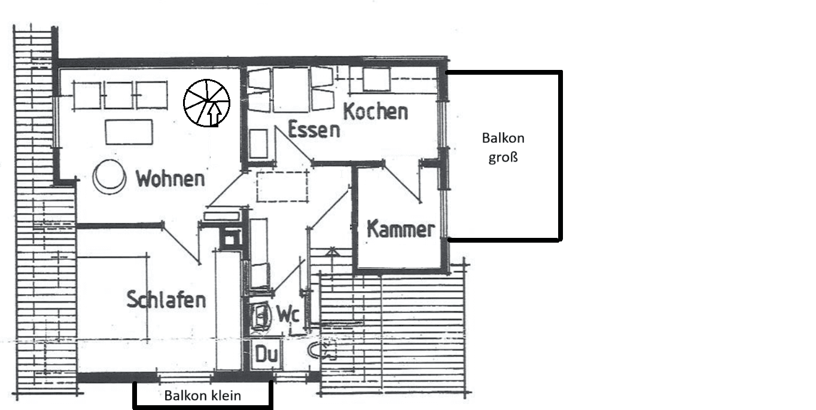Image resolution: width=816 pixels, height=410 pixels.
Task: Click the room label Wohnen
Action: point(170,178)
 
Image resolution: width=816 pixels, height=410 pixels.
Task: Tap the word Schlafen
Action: point(166,299)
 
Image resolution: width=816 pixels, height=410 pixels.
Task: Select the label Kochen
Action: point(376,111)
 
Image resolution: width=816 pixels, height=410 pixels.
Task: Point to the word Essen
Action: point(313,129)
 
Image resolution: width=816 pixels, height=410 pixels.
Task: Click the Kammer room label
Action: point(400,230)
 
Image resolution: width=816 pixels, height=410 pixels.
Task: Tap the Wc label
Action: point(287,314)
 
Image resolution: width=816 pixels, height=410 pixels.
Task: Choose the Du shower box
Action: point(266,354)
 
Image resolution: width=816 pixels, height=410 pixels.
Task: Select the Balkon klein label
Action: point(203,395)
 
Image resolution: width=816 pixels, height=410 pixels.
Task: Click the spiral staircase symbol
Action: point(207,103)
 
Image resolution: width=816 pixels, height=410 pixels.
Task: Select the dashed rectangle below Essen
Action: point(283,185)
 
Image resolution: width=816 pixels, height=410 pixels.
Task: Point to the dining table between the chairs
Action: point(291,90)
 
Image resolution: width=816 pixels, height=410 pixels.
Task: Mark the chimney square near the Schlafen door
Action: point(229,239)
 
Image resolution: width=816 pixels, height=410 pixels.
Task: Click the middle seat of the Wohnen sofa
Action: point(118,94)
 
